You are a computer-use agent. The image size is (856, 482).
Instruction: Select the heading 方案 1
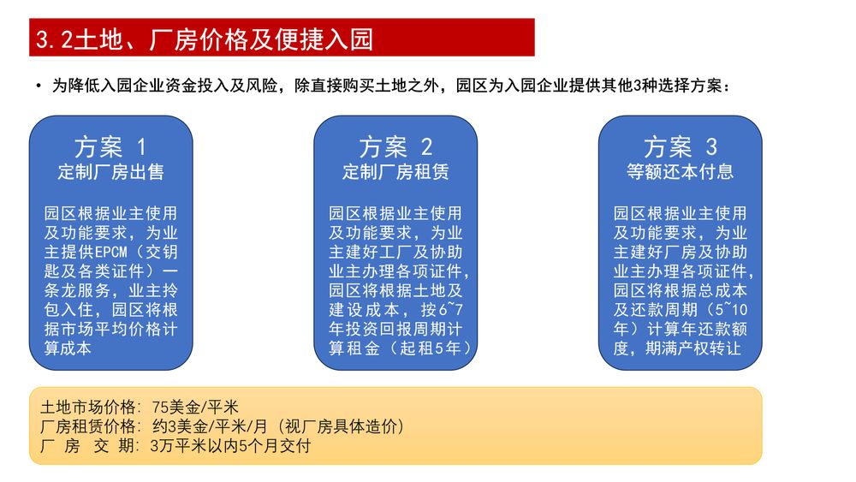point(110,146)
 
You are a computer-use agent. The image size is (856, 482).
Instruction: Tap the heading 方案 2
point(395,146)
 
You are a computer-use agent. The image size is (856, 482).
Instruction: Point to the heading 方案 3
point(680,146)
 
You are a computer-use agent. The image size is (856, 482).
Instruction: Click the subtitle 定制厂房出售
point(110,172)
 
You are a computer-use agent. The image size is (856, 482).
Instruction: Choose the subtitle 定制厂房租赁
point(395,172)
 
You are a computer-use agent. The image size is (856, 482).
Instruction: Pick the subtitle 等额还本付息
point(680,172)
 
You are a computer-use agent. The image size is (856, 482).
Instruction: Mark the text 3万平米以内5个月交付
point(230,446)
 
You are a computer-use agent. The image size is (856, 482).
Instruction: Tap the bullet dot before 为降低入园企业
point(39,86)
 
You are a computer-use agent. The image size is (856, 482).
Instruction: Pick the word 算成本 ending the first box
point(68,348)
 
